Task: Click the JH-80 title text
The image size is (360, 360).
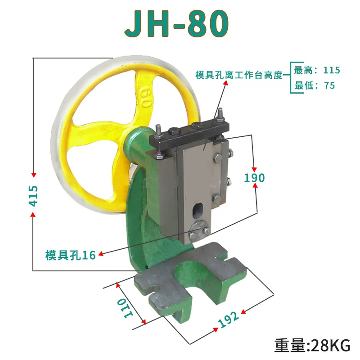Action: click(x=176, y=23)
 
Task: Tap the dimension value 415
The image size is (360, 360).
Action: click(x=33, y=196)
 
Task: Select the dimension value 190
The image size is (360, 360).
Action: click(x=254, y=178)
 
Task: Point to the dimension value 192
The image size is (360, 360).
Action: click(x=228, y=319)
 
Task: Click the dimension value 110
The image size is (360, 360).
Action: click(x=125, y=308)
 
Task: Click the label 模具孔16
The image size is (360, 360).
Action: click(x=71, y=255)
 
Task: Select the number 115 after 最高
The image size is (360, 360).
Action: click(x=332, y=70)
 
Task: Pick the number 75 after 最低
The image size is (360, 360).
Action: click(x=329, y=85)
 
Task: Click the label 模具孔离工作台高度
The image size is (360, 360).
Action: click(x=239, y=75)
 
